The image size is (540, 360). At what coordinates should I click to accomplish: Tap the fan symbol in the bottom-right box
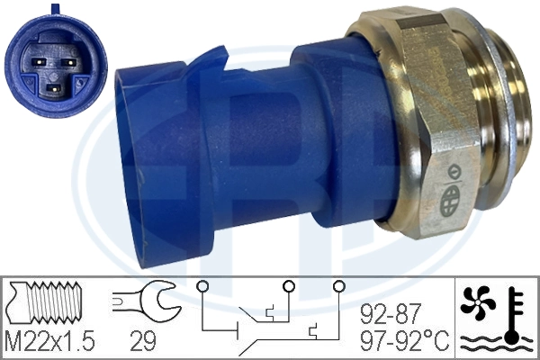480,301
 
